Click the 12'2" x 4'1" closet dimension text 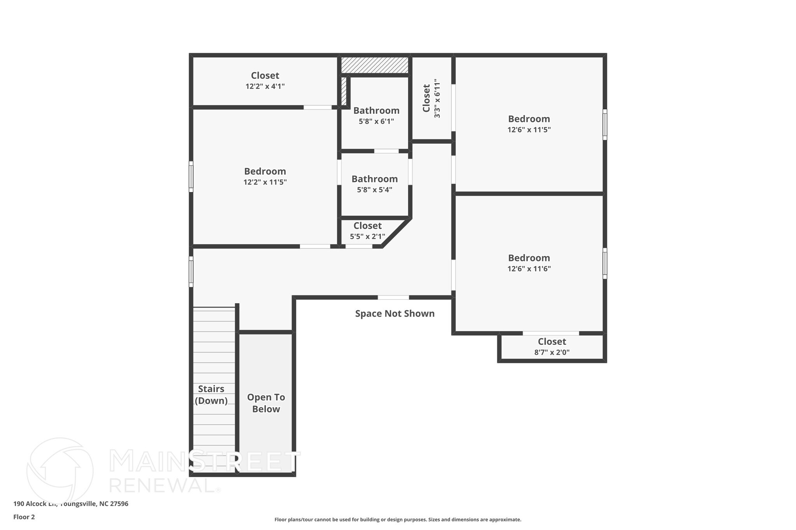point(265,86)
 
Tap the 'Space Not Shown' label point(395,313)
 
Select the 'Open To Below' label point(266,403)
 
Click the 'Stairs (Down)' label point(211,394)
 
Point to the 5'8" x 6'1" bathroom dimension point(376,121)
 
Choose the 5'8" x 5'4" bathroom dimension point(374,190)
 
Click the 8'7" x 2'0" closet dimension point(552,353)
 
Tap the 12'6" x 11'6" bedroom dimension point(529,269)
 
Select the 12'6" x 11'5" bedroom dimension point(529,130)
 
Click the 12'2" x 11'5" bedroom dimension point(265,182)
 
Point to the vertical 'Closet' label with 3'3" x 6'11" point(426,98)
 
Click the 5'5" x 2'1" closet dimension point(367,236)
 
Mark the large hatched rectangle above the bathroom point(375,65)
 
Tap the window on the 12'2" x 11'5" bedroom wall point(191,177)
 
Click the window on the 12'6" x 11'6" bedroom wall point(605,263)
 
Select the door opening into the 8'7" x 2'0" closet point(550,333)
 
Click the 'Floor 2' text point(24,517)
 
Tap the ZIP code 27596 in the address point(119,504)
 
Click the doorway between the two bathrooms point(386,151)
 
